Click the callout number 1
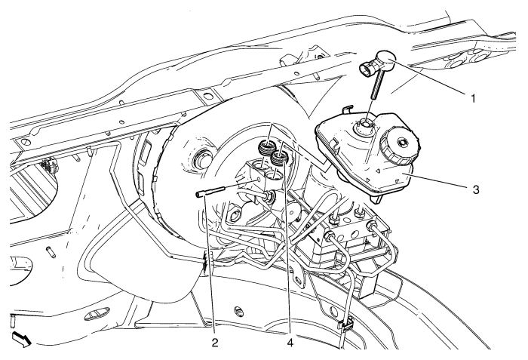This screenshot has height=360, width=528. (x=473, y=98)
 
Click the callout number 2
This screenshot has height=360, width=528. (x=215, y=343)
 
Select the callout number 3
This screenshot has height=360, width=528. (x=475, y=189)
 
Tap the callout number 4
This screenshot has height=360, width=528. (x=290, y=343)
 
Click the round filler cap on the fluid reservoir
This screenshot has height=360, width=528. (x=400, y=144)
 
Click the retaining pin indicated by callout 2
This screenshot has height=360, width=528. (x=210, y=192)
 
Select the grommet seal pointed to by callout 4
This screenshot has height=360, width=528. (x=280, y=158)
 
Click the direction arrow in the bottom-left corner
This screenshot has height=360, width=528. (x=22, y=339)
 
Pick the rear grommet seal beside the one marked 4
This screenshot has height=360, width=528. (x=267, y=147)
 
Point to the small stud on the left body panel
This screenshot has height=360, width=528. (x=51, y=252)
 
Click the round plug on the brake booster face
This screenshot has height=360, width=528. (x=204, y=158)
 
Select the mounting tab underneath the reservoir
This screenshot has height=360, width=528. (x=376, y=198)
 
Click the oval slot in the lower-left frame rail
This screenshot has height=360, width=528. (x=97, y=312)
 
